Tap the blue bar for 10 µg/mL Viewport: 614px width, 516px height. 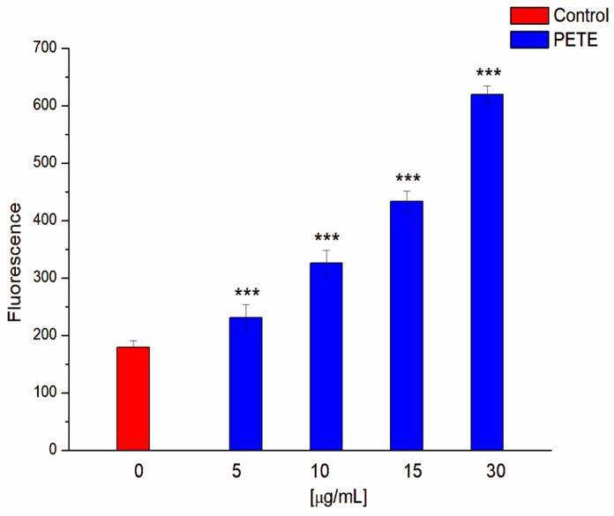click(x=326, y=356)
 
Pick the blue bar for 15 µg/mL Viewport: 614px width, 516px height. click(x=407, y=325)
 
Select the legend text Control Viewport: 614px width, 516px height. click(x=580, y=14)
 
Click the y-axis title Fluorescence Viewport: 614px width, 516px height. click(x=16, y=249)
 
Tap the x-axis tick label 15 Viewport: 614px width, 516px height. click(x=407, y=473)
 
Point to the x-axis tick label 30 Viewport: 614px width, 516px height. click(x=487, y=473)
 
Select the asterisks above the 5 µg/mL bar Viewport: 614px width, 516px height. click(x=245, y=294)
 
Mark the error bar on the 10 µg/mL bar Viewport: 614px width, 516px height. click(x=326, y=263)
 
